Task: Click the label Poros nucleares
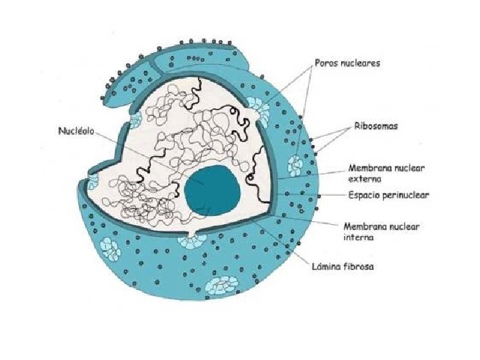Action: (x=347, y=63)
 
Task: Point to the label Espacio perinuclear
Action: (x=389, y=195)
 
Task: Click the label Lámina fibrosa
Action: (x=343, y=267)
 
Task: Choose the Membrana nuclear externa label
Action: (x=384, y=173)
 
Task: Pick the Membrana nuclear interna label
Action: (x=381, y=231)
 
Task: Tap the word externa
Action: (x=365, y=179)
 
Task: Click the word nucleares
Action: (x=360, y=63)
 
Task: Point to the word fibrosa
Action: (x=359, y=267)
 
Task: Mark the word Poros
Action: (x=327, y=63)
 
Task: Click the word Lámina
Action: (x=327, y=267)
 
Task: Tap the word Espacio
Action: (x=364, y=195)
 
